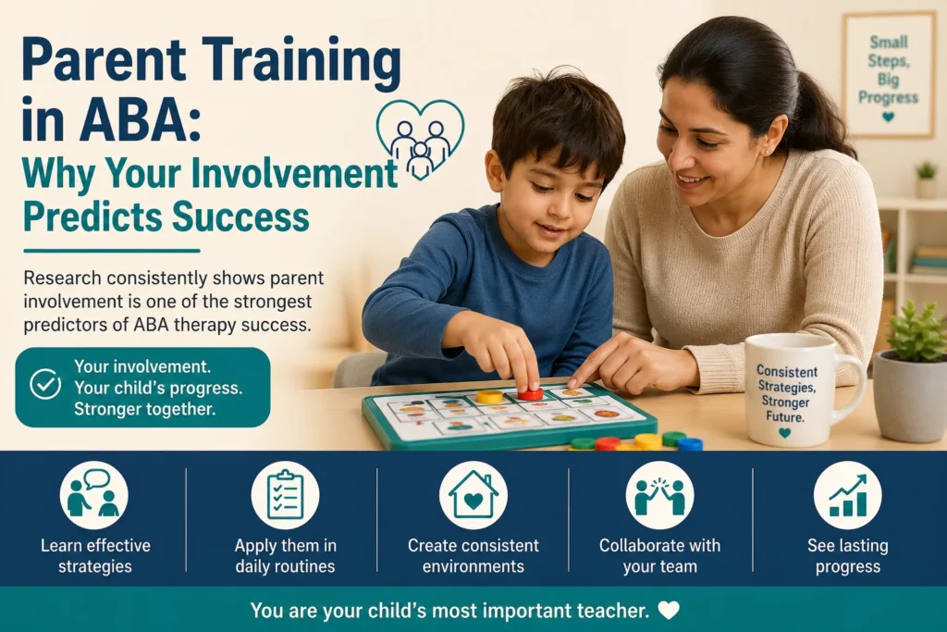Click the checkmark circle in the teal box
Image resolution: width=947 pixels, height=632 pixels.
pos(45,384)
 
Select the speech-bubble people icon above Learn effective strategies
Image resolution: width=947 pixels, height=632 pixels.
pos(94,495)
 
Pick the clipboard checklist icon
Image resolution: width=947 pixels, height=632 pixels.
pos(285,495)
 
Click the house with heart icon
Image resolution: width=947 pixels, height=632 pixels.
pos(473,495)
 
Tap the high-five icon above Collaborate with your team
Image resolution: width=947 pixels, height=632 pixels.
pos(660,495)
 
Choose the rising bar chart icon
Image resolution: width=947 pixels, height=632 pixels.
pos(847,495)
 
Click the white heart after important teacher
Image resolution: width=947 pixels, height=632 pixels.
pos(669,610)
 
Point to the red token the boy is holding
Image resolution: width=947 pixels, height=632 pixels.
pos(530,392)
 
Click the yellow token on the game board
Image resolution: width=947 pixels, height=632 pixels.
pos(489,396)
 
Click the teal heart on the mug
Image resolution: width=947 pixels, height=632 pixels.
pos(784,433)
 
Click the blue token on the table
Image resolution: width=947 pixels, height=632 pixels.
pos(690,444)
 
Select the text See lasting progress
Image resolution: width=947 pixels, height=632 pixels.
pos(847,556)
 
